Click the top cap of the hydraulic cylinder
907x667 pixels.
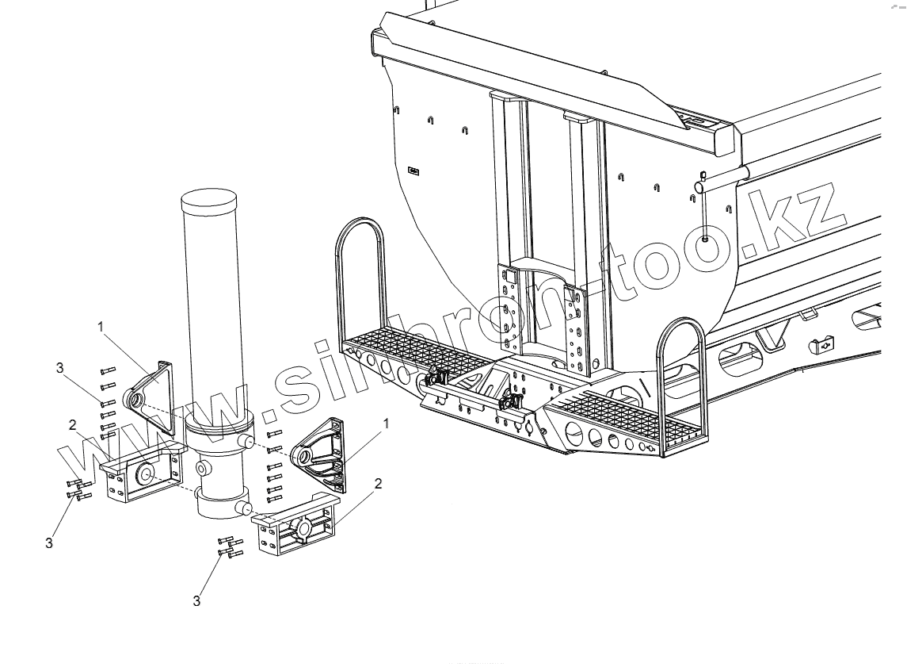click(210, 198)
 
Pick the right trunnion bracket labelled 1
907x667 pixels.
click(321, 452)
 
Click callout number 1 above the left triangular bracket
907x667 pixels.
click(101, 325)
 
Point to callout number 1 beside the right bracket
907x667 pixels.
click(386, 425)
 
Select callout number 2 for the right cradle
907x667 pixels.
click(378, 482)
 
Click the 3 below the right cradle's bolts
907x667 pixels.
click(196, 600)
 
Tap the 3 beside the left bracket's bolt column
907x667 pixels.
click(59, 367)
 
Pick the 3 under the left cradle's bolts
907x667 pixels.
click(49, 543)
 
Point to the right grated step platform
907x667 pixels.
click(626, 416)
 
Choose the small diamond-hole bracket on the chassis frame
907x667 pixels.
click(824, 344)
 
